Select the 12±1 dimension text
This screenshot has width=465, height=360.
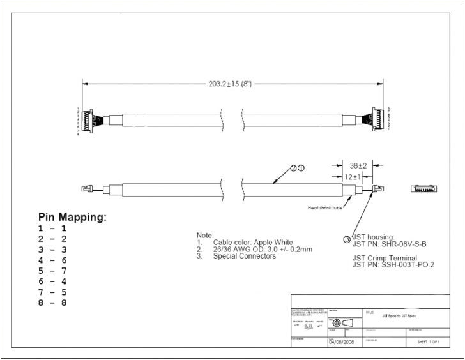pos(352,177)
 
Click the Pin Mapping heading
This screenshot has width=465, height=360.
pos(72,218)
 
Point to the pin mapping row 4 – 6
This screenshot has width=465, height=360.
pos(52,260)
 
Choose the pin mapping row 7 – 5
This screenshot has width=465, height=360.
pos(52,292)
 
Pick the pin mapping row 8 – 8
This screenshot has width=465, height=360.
pos(52,303)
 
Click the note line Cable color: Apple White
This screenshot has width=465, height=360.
pos(253,243)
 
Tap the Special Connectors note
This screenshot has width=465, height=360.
pos(245,257)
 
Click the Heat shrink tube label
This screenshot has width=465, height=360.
pos(326,207)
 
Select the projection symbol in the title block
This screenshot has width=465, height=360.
pos(342,322)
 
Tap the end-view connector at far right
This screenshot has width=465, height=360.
pos(423,189)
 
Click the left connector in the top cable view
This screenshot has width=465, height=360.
pos(91,120)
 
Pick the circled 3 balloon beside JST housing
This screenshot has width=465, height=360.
pos(347,239)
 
